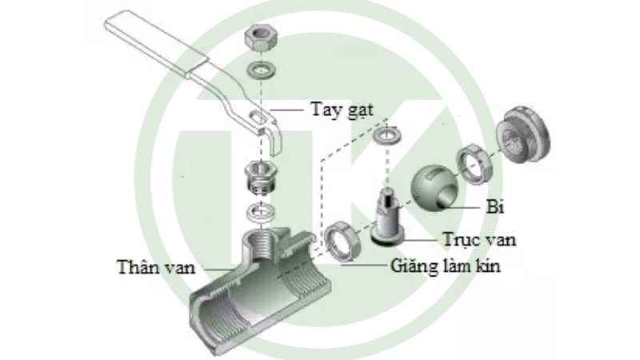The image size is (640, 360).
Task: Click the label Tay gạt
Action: click(x=342, y=108)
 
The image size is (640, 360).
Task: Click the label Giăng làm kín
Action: click(x=446, y=266)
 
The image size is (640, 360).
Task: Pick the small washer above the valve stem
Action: click(x=386, y=135)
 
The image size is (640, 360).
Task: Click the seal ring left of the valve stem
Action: click(x=343, y=242)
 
